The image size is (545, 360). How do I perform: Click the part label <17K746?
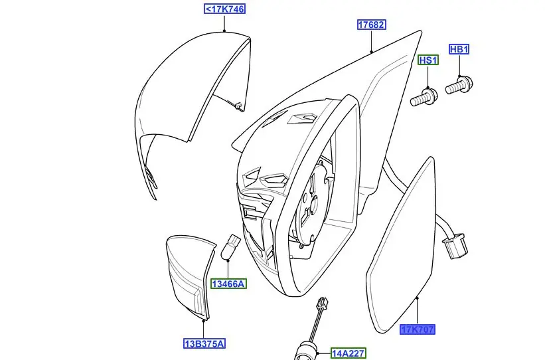coord(224,9)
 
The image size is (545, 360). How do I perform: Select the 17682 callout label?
coord(372,25)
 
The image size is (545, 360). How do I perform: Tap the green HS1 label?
coord(428,60)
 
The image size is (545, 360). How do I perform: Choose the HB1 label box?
coord(459,49)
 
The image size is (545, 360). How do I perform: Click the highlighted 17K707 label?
coord(417,329)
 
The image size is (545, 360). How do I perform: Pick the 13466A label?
coord(228,284)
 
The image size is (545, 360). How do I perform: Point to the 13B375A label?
coord(204,343)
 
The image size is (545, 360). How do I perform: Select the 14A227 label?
coord(348,353)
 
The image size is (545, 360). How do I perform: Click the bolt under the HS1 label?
coord(424,98)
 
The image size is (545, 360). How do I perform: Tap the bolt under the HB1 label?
coord(459,86)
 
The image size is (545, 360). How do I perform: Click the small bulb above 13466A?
coord(230,246)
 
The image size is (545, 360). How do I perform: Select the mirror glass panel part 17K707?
coord(400,245)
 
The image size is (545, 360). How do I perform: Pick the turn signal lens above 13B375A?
coord(189,276)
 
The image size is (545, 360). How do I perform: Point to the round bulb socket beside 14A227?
coord(306,351)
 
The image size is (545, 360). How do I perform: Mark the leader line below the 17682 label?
coord(372,41)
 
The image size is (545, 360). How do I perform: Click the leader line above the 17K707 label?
coord(418,311)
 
